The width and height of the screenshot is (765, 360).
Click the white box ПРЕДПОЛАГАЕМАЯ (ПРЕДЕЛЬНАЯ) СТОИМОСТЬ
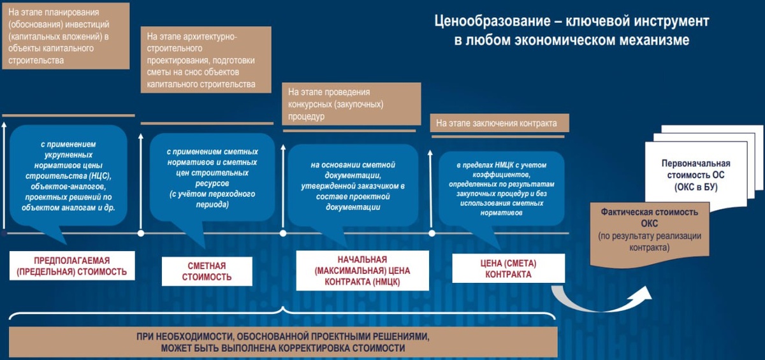(x=72, y=266)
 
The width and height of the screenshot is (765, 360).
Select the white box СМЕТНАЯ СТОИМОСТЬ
(x=207, y=271)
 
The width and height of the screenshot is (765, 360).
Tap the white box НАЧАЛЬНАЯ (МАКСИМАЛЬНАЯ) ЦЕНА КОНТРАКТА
(x=362, y=271)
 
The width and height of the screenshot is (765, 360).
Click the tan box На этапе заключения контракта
(x=498, y=123)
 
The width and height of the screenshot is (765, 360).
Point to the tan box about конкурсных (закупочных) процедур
(x=351, y=103)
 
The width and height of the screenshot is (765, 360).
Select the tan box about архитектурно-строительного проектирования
(x=204, y=61)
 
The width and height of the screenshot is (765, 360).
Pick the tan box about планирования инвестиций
(x=65, y=35)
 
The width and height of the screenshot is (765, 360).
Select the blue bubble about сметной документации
(x=353, y=185)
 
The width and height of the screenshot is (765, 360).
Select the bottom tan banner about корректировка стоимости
(x=284, y=342)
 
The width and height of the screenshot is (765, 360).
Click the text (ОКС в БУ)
(x=696, y=187)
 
